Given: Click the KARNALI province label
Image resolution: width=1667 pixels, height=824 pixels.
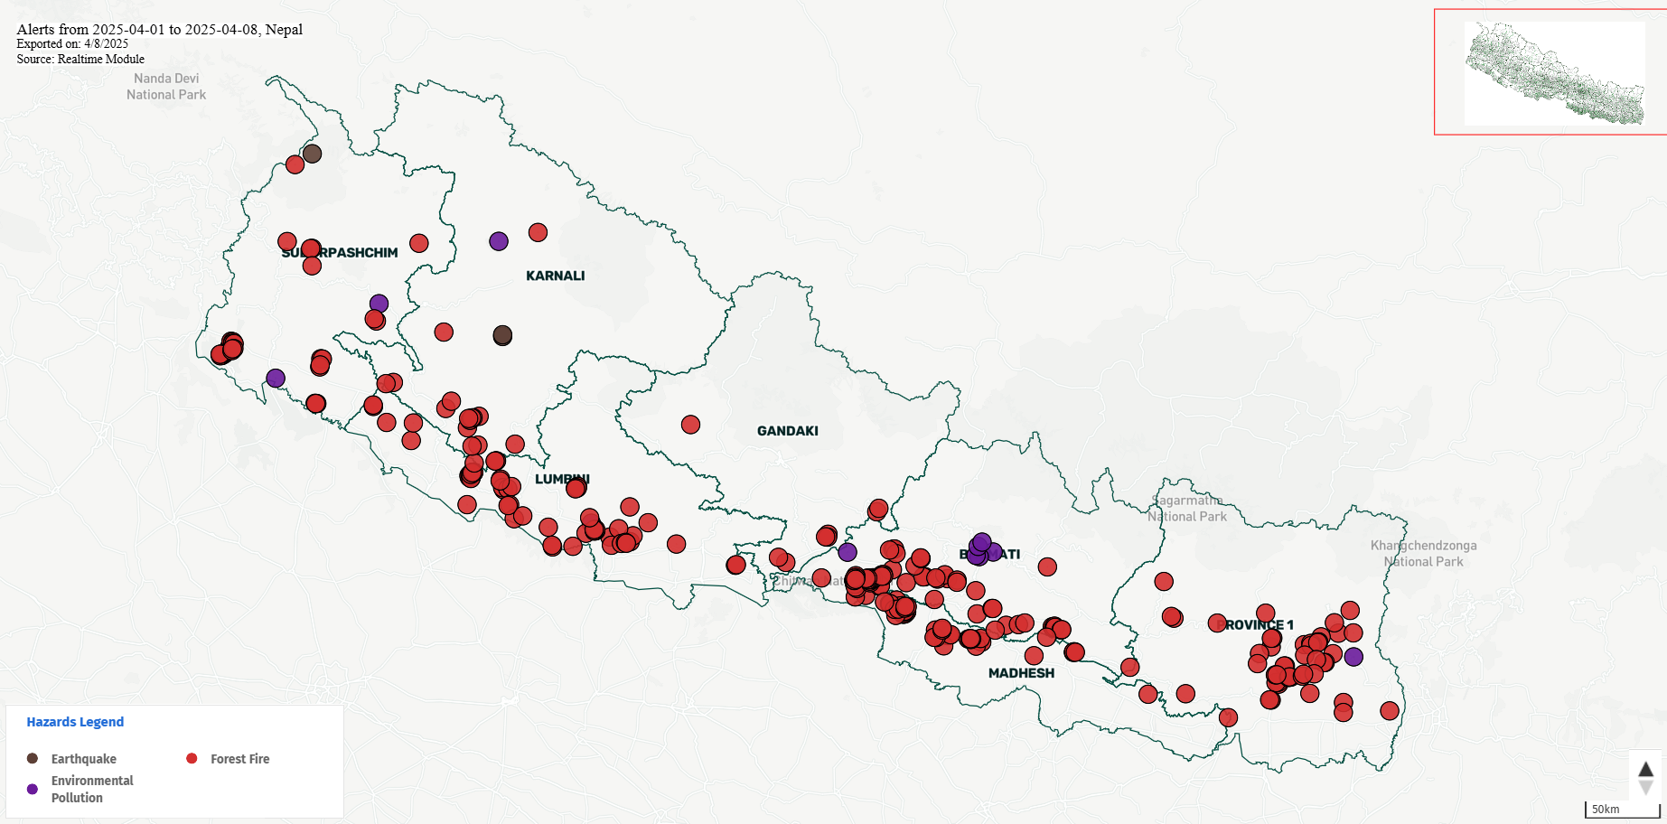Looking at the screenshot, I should (x=555, y=276).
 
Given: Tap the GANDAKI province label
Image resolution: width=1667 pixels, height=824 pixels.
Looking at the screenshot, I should (x=787, y=431).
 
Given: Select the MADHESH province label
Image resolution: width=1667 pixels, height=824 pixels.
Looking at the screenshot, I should (x=1021, y=673).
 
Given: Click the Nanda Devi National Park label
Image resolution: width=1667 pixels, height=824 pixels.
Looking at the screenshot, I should (x=166, y=87).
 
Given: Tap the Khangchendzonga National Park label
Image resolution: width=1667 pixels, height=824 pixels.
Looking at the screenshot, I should (x=1423, y=553).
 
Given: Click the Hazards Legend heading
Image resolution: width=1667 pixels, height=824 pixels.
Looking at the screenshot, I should (x=75, y=722).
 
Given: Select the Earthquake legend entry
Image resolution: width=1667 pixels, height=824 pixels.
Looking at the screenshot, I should (x=83, y=759).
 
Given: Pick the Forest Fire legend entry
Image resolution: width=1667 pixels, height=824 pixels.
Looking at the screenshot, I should (x=239, y=759).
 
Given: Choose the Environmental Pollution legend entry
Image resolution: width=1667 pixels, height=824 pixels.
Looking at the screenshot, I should (x=91, y=789).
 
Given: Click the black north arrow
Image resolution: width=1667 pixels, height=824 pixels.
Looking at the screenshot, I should (x=1645, y=769).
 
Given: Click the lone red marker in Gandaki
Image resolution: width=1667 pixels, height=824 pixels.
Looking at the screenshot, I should (x=690, y=425).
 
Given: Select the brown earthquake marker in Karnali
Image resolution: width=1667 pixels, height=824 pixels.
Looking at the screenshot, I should (x=502, y=336).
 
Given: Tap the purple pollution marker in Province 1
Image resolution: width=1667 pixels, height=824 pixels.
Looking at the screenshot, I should (x=1353, y=657).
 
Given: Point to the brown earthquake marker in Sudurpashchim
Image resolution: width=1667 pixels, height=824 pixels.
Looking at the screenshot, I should (x=312, y=154).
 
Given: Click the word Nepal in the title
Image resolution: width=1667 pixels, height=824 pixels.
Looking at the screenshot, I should (x=284, y=30).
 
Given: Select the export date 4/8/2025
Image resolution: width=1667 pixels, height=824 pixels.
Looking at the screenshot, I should (x=107, y=44).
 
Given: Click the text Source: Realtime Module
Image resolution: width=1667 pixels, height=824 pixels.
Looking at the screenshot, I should (x=80, y=60).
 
